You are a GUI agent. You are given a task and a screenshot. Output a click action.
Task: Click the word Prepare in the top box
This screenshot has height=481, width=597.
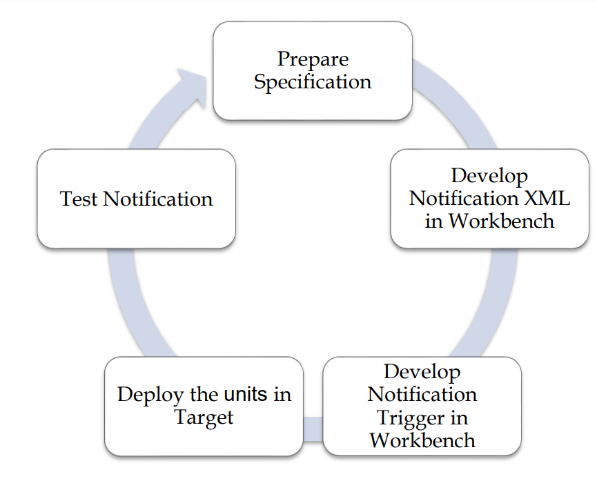313,59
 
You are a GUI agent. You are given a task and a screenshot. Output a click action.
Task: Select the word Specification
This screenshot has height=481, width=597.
313,82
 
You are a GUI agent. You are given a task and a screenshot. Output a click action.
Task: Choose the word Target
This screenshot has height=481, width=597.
204,418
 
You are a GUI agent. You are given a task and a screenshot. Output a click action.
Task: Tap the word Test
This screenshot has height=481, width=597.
79,199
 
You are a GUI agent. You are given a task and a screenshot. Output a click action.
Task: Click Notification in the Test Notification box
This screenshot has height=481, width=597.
158,199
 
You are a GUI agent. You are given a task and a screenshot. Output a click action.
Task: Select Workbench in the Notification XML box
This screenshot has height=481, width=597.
502,221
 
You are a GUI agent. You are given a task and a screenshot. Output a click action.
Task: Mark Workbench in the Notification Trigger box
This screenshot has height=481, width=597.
422,440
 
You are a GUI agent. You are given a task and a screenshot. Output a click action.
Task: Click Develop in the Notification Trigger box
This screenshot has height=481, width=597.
422,372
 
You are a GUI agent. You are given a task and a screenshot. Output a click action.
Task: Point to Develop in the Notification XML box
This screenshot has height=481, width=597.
489,175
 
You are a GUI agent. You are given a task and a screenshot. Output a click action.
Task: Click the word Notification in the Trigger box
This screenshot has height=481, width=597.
422,395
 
